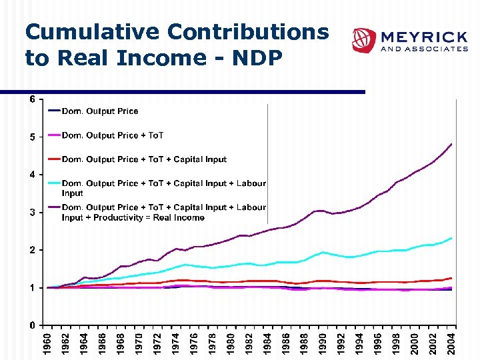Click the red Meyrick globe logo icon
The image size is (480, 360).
[x=364, y=40]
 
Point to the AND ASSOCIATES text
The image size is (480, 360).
[x=424, y=49]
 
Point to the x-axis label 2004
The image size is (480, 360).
[x=451, y=344]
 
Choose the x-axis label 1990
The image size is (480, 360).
[x=323, y=344]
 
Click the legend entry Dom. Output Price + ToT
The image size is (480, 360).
[x=113, y=135]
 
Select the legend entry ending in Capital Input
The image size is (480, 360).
[x=144, y=159]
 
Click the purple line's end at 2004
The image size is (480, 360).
[x=451, y=144]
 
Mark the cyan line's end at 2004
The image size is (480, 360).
[x=451, y=238]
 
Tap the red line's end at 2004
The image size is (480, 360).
[x=451, y=278]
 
